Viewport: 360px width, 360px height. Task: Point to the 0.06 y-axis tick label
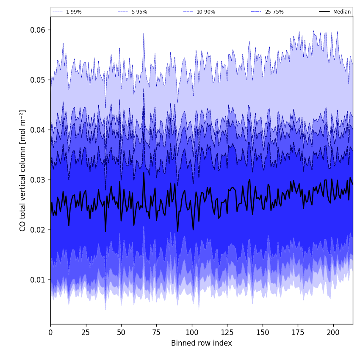pos(38,30)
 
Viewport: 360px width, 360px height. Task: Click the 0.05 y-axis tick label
pos(38,80)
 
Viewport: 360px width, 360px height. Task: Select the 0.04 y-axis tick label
pos(38,130)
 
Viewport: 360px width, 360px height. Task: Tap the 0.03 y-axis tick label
pos(38,180)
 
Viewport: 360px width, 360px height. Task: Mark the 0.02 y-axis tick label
pos(38,230)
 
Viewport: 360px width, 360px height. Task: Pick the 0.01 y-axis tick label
pos(38,280)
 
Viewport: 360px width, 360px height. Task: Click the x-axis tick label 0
pos(50,332)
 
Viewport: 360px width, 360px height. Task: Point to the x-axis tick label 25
pos(86,332)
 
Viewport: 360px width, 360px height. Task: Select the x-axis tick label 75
pos(156,332)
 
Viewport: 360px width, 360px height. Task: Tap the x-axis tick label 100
pos(192,332)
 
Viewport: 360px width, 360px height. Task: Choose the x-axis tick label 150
pos(263,332)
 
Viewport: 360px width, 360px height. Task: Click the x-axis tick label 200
pos(333,332)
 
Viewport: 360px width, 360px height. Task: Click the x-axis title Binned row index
pos(202,343)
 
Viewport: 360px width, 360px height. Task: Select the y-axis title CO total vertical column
pos(23,170)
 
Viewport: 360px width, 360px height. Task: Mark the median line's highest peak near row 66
pos(144,172)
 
